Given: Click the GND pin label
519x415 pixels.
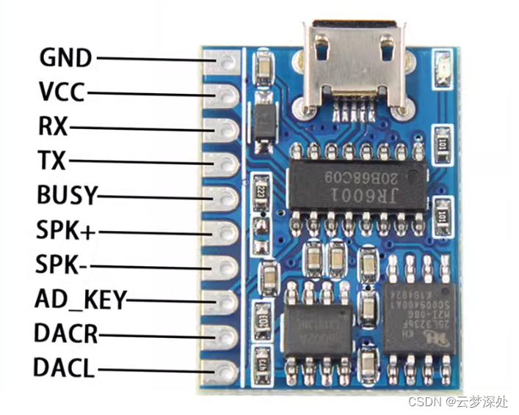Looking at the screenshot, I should point(65,57).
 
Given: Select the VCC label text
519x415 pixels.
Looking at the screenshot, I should point(62,92).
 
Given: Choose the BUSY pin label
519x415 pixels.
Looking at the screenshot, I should point(66,196).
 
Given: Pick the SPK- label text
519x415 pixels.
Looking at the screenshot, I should point(62,265).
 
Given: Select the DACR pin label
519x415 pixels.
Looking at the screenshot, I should point(65,334).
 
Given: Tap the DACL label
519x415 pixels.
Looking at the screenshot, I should point(65,368).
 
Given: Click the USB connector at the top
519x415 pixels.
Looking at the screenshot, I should point(355,70).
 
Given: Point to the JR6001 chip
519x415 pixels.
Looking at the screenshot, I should point(356,183).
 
